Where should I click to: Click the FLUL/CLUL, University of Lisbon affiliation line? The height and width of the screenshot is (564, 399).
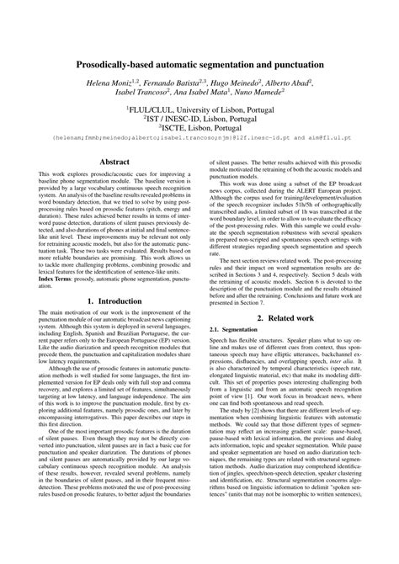point(199,110)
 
